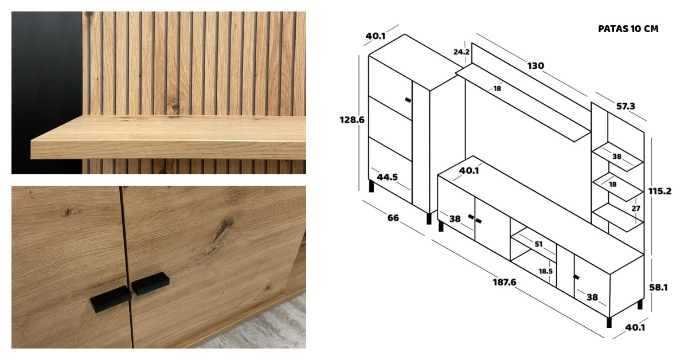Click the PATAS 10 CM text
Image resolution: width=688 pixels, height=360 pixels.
pos(628,29)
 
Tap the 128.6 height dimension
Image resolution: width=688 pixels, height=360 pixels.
pos(351,120)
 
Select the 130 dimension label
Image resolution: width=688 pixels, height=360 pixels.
pos(535,66)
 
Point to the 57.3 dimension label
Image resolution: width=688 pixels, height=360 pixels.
pos(626,106)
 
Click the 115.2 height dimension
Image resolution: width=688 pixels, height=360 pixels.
pos(660,191)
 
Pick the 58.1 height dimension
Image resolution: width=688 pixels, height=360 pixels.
pos(658,288)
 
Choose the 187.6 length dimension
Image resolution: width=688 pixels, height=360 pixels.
pos(505,282)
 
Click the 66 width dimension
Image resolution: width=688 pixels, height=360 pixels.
pos(393,218)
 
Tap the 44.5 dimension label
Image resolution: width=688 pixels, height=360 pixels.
pos(387,177)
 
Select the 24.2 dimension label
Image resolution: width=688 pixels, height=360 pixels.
pos(462,52)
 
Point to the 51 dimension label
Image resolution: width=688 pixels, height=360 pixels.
pos(538,244)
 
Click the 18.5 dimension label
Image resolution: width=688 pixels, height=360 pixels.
pos(545,271)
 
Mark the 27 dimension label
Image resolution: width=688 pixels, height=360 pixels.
pos(636,209)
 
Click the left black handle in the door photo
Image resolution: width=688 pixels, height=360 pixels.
pos(111,299)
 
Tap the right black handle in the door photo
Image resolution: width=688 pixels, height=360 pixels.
pos(150,284)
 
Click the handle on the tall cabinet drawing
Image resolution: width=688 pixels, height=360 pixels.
pos(408,100)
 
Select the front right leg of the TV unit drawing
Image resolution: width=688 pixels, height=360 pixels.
pos(609,322)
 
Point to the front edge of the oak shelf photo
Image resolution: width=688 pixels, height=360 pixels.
pos(169,151)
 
